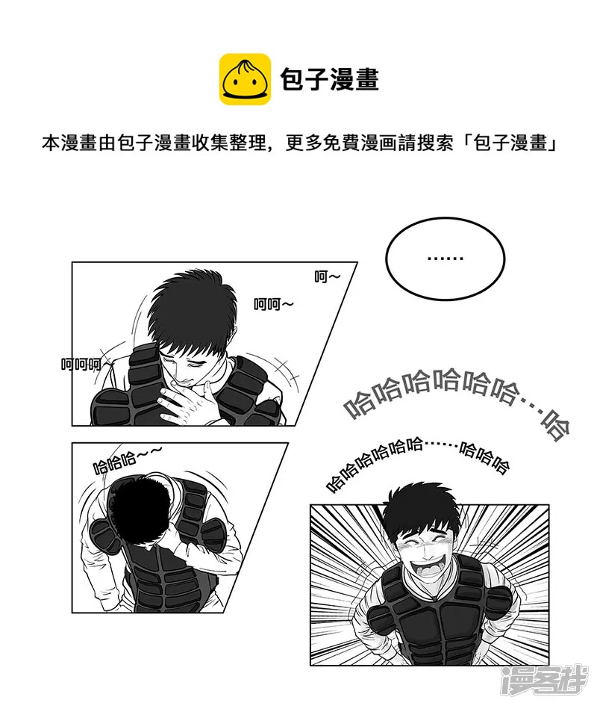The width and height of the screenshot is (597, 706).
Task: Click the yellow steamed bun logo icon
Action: (x=245, y=79)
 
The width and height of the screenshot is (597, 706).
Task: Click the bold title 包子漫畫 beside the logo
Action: (x=329, y=80)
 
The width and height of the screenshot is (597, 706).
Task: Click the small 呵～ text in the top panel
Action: (x=328, y=277)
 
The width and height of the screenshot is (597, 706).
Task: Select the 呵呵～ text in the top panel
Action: (x=274, y=304)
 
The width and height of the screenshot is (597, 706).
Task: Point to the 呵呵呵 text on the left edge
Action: (x=81, y=365)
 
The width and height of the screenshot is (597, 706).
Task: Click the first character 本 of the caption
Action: (x=51, y=143)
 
